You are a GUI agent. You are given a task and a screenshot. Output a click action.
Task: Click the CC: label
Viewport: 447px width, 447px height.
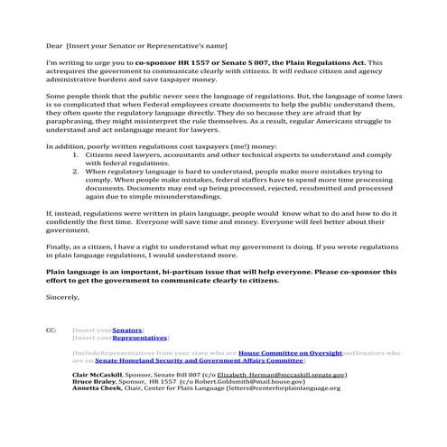pos(50,331)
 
